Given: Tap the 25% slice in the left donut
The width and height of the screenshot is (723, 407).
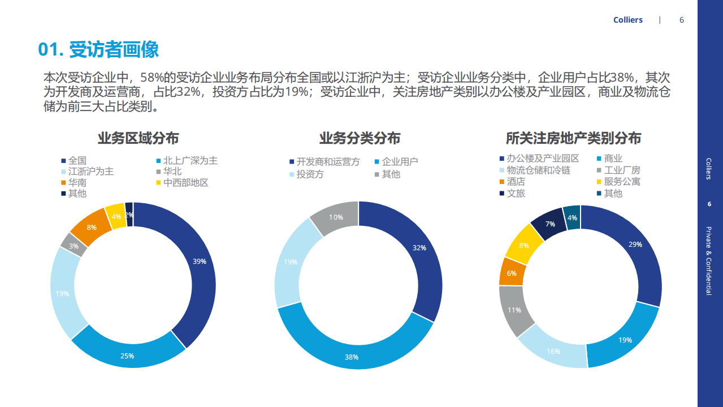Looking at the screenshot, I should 128,355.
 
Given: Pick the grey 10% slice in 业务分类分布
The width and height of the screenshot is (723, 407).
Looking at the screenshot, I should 336,217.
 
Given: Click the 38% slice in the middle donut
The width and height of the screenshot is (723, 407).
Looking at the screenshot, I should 352,357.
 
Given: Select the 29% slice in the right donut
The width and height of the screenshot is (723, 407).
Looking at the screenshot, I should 635,245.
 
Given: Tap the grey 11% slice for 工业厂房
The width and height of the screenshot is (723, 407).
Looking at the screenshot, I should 514,310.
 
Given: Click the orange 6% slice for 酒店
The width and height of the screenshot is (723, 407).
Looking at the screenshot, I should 512,273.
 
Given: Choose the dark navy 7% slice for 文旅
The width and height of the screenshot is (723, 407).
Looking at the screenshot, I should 549,224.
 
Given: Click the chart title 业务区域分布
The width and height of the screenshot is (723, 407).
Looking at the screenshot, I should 138,138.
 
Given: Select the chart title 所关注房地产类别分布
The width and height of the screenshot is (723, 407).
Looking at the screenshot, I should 573,139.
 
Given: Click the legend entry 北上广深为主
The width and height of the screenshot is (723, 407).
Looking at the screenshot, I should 190,161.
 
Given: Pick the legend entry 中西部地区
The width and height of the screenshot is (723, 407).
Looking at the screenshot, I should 185,183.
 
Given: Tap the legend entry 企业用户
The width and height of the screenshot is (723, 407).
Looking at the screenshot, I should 400,161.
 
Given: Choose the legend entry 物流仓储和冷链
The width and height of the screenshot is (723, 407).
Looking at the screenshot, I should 538,170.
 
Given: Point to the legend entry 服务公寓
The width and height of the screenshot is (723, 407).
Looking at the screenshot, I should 622,182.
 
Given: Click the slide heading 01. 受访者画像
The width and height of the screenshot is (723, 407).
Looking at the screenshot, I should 98,50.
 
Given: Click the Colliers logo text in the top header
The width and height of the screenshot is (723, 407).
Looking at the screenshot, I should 627,20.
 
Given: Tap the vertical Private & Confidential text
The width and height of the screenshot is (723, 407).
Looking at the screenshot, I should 709,260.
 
